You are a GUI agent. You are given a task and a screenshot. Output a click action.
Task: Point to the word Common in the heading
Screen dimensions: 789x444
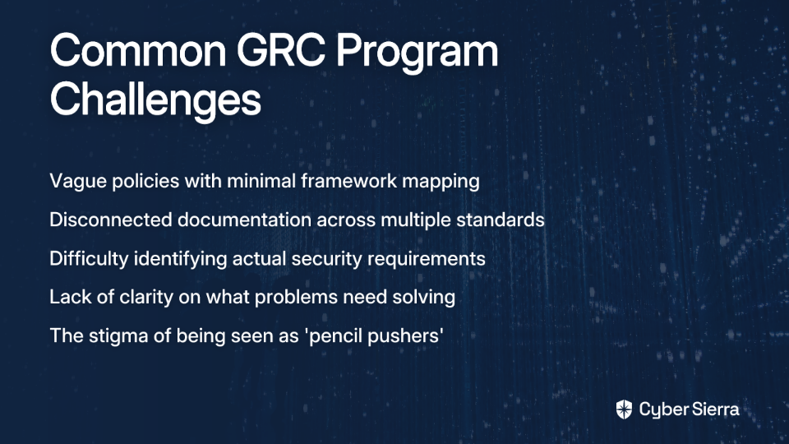(x=138, y=51)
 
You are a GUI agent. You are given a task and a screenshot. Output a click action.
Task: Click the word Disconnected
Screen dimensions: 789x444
(x=111, y=220)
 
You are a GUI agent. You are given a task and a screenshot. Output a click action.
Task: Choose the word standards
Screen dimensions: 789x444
(x=501, y=220)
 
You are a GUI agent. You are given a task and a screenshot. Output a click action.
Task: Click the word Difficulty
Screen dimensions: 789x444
(x=89, y=259)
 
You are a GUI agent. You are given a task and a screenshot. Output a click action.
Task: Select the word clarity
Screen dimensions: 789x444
(x=146, y=298)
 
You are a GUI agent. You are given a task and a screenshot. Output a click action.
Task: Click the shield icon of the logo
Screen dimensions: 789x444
(x=624, y=409)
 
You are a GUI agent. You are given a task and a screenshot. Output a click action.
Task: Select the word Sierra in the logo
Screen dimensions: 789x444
(x=714, y=409)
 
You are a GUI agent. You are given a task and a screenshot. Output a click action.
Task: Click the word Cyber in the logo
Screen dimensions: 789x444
(x=662, y=410)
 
